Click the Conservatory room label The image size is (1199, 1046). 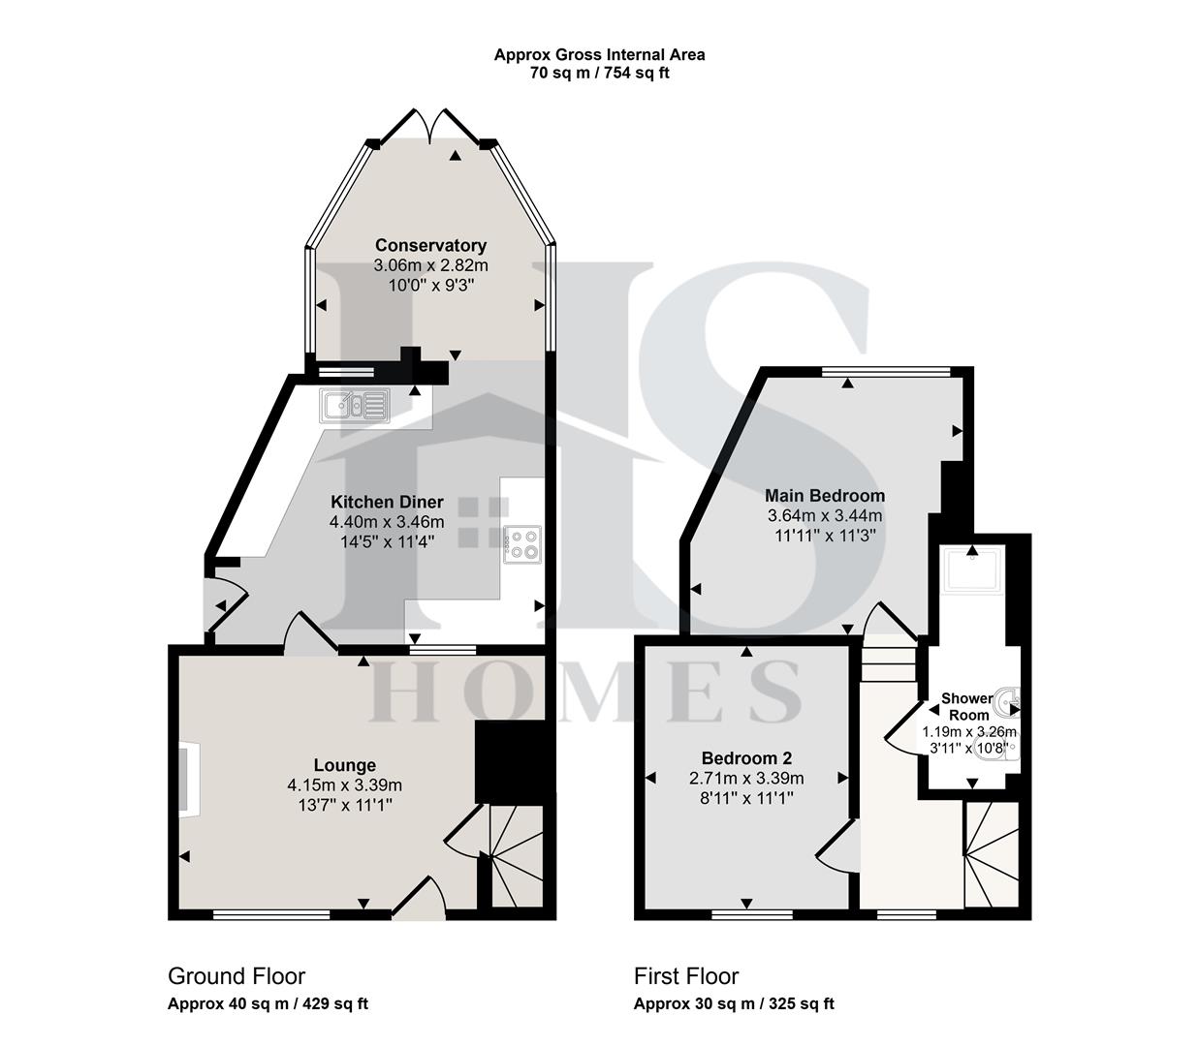430,245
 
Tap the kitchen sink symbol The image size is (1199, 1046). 356,405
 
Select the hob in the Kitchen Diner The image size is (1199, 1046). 523,544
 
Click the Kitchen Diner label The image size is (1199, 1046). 387,502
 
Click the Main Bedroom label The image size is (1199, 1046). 825,496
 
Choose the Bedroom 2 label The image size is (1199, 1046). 741,757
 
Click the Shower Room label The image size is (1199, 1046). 967,706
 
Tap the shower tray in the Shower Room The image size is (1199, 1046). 971,570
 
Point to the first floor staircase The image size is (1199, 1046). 992,853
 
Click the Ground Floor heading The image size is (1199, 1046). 237,976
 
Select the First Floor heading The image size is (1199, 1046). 686,976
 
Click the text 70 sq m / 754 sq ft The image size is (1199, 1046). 599,73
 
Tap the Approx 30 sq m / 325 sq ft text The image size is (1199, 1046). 734,1004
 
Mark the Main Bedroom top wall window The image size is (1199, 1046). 886,371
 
